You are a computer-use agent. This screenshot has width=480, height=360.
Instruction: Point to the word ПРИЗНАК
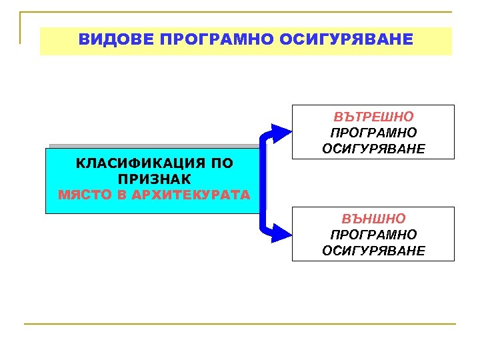[154, 179]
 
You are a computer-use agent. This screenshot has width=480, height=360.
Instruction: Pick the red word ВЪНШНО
[373, 219]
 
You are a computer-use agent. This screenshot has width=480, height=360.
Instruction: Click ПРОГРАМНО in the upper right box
[373, 133]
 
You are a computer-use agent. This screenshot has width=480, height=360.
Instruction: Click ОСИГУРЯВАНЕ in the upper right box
[373, 148]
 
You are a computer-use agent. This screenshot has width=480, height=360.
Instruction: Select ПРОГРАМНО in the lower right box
[373, 235]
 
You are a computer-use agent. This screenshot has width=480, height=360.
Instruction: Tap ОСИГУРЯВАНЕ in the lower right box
[373, 250]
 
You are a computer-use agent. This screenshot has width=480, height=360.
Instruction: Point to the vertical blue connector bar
[263, 180]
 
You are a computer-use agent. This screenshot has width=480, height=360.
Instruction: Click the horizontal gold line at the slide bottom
[240, 324]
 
